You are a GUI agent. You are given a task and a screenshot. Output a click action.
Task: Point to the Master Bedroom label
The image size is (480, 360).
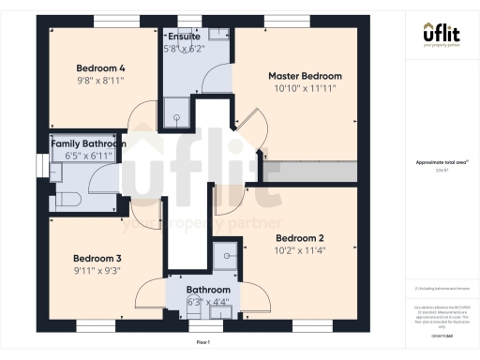(x=305, y=75)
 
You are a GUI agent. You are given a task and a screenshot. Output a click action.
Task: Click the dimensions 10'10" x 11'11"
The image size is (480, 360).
(x=305, y=87)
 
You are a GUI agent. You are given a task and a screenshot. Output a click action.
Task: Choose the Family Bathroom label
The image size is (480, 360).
(x=88, y=143)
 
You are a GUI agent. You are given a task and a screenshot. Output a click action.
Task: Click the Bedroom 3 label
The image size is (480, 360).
(x=97, y=257)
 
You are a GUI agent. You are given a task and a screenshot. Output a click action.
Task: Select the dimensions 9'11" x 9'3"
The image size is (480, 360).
(x=97, y=270)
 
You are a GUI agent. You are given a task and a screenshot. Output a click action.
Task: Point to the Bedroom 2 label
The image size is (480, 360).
(x=300, y=237)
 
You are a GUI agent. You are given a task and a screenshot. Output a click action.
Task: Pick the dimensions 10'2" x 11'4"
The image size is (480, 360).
(x=300, y=250)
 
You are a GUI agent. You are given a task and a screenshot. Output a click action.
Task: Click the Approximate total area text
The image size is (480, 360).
(x=441, y=162)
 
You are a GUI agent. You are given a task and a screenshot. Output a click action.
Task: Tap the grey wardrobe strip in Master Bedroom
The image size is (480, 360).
(x=308, y=172)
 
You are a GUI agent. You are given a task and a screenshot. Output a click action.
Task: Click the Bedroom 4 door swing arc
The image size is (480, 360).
(x=141, y=117)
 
